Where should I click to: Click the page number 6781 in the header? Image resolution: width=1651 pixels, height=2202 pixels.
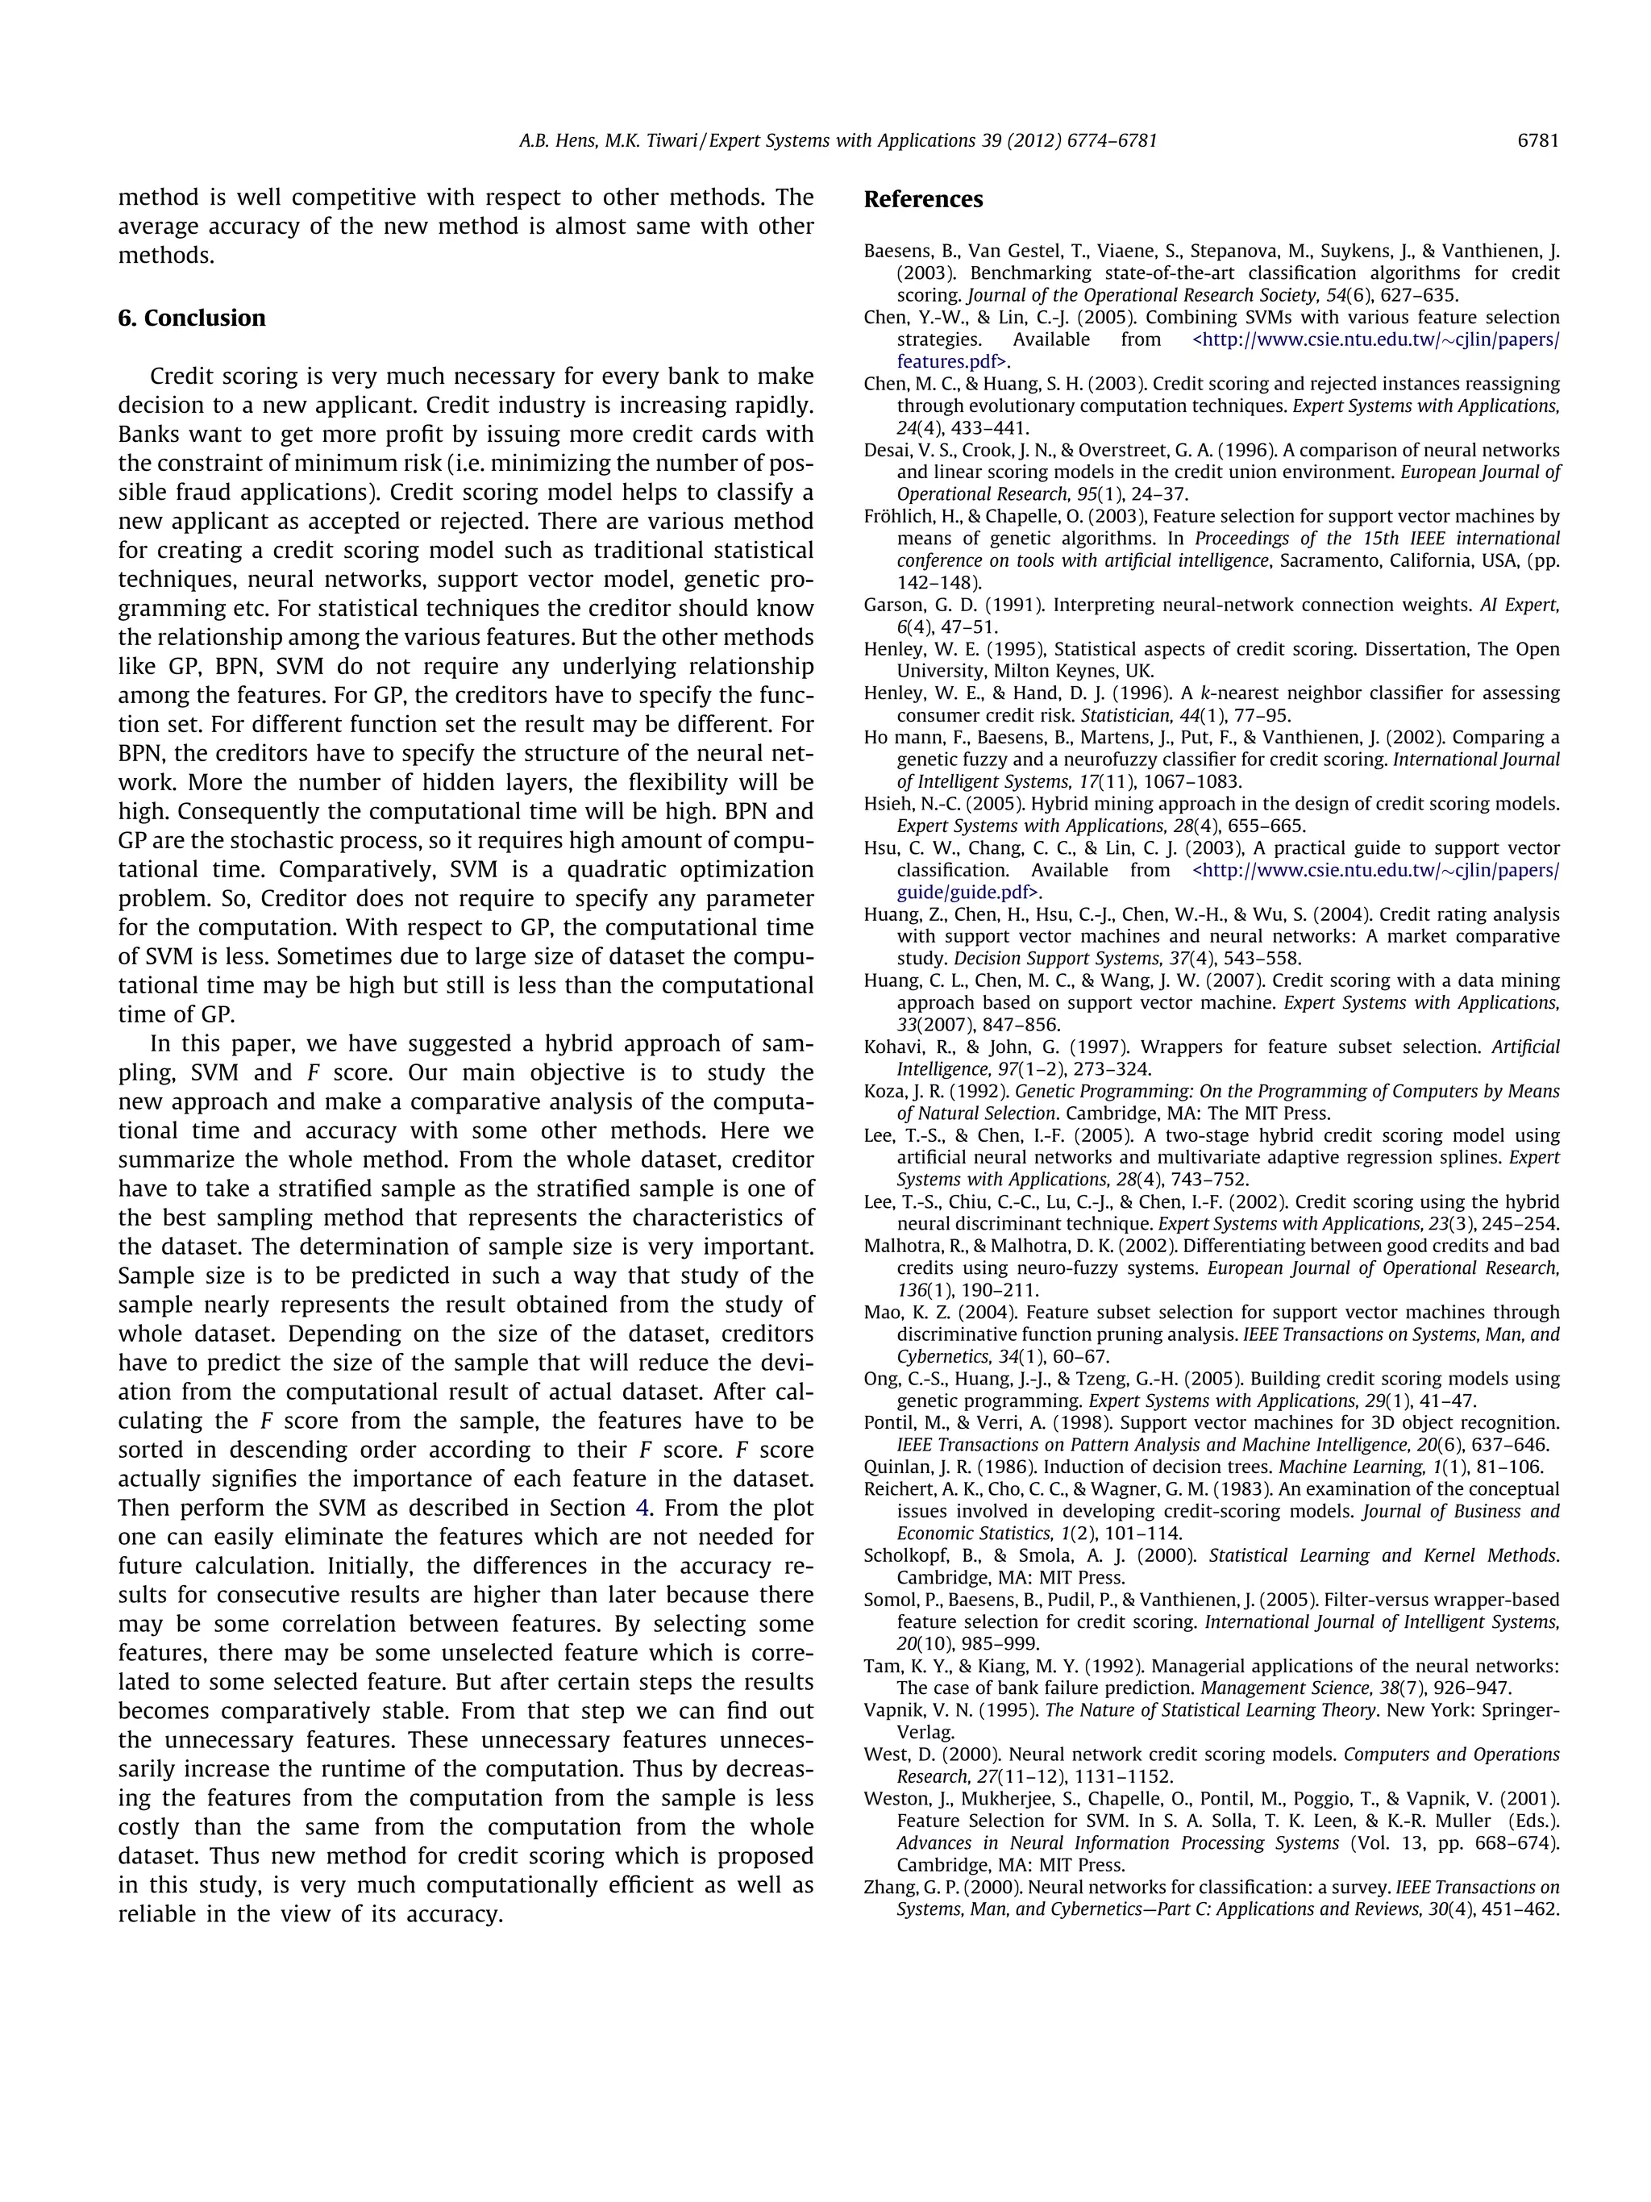(1537, 141)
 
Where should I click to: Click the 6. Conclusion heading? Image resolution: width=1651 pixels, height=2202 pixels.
(191, 318)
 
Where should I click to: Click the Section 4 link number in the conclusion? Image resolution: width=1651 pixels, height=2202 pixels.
(642, 1507)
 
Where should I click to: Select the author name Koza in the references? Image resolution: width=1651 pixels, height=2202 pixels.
(883, 1091)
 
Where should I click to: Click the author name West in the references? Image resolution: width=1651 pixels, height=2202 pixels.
(884, 1754)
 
